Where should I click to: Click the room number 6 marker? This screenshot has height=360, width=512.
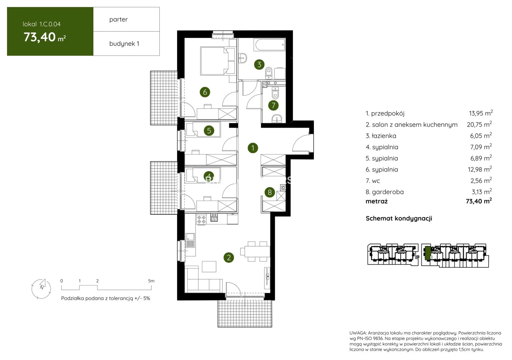tap(205, 92)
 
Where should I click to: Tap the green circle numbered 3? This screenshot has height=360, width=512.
tap(259, 64)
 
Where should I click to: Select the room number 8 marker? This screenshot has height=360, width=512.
tap(270, 192)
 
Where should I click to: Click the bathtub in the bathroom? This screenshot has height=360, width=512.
tap(269, 45)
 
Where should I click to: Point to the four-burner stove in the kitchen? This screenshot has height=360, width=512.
tap(201, 220)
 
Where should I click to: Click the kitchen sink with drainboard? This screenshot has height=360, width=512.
tap(190, 241)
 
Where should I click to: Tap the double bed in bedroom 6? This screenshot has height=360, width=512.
tap(218, 61)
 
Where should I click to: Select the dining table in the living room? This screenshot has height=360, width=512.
tap(257, 251)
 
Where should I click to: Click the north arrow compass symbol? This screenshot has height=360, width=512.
tap(41, 289)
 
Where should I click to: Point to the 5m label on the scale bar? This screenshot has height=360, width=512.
tap(151, 281)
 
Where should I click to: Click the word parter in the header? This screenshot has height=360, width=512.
tap(118, 19)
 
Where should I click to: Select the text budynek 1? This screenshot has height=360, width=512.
tap(124, 43)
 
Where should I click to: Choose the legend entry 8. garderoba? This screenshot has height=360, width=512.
tap(385, 192)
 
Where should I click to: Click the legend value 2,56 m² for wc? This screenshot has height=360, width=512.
tap(481, 181)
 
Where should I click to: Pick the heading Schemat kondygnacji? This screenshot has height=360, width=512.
tap(399, 218)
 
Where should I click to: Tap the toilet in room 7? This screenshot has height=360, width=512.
tap(275, 93)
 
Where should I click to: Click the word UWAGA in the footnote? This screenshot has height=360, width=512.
tap(358, 333)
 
